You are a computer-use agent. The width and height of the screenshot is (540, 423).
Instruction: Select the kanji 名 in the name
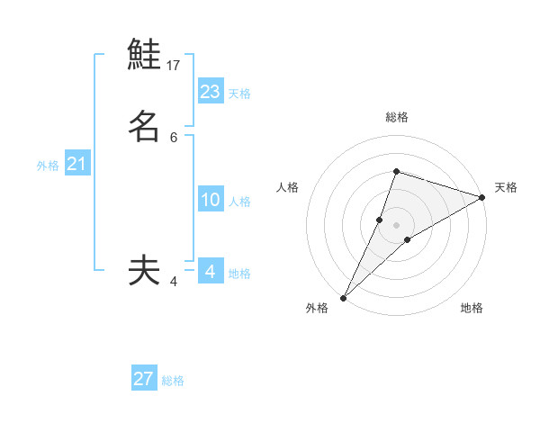[144, 126]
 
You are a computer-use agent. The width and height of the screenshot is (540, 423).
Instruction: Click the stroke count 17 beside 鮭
[174, 66]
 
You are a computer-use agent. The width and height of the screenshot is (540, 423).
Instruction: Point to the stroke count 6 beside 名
[174, 137]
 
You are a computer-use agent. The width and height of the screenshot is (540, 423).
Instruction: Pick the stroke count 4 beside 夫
[174, 282]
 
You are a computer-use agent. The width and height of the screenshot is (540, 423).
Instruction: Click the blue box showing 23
[211, 91]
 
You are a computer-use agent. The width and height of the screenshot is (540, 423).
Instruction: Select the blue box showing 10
[211, 200]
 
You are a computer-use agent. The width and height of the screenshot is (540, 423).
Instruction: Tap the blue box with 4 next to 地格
[211, 271]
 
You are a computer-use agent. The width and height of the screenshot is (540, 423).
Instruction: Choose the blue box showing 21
[76, 164]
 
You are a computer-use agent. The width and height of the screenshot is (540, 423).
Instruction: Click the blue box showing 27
[144, 379]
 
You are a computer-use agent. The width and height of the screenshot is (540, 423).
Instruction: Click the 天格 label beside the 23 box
[239, 93]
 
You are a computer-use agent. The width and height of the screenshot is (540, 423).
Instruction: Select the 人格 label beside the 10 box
[239, 202]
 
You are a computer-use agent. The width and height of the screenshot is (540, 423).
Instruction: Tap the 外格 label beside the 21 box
[48, 166]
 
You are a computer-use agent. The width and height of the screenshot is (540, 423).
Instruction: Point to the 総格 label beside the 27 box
[173, 381]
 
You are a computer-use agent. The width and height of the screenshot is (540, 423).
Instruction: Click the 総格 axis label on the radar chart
[396, 117]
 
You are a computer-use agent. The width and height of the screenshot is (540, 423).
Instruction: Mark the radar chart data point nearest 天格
[482, 198]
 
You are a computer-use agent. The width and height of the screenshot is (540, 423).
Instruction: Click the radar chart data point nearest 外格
[343, 297]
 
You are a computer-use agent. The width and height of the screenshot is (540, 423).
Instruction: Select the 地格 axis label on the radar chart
[472, 308]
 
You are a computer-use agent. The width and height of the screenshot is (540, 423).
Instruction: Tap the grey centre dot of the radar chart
[396, 224]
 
